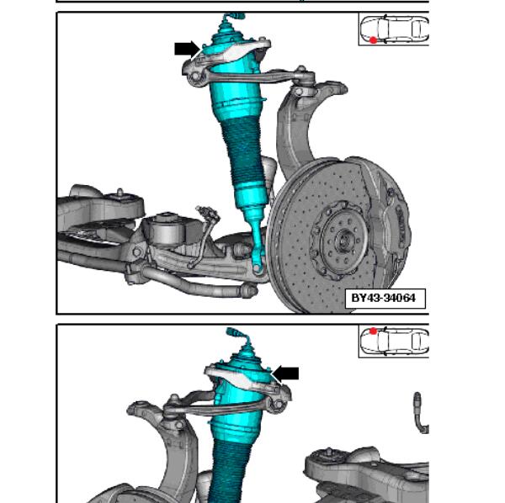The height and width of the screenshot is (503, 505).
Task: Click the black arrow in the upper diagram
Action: pyautogui.click(x=188, y=49)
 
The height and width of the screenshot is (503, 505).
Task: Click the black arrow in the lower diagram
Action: pyautogui.click(x=285, y=374)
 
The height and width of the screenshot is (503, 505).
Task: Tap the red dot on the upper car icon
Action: pyautogui.click(x=373, y=40)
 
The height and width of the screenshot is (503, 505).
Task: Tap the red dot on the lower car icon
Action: pyautogui.click(x=373, y=331)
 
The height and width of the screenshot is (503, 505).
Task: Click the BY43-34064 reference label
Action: pyautogui.click(x=385, y=299)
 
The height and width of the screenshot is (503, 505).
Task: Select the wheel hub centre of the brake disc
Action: pyautogui.click(x=344, y=240)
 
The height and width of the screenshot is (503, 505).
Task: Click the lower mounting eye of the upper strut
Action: pyautogui.click(x=258, y=267)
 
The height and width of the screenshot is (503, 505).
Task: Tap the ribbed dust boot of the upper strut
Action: pyautogui.click(x=245, y=155)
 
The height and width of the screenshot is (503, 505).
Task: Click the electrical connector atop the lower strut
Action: pyautogui.click(x=237, y=334)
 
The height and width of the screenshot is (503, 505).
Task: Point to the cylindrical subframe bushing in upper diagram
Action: pyautogui.click(x=167, y=229)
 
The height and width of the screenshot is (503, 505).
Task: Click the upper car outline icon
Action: pyautogui.click(x=395, y=29)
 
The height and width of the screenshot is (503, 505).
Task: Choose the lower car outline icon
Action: pyautogui.click(x=395, y=342)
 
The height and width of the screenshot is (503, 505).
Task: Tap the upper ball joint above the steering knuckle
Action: pyautogui.click(x=301, y=77)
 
